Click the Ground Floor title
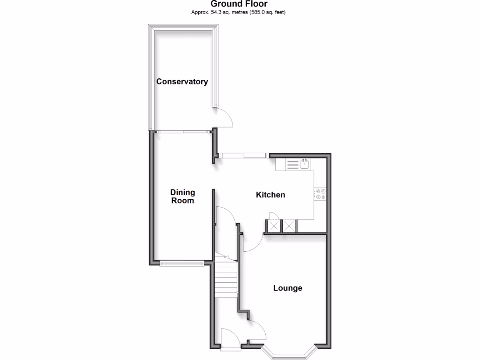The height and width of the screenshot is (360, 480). [x=239, y=4]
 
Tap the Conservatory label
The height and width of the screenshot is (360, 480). [x=182, y=82]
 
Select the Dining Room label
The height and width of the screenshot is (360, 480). [x=182, y=196]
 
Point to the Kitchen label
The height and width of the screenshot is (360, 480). [x=270, y=195]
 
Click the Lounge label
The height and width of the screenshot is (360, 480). [x=288, y=288]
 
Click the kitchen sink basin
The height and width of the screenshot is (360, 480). [x=304, y=164]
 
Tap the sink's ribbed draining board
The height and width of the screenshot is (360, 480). [x=292, y=164]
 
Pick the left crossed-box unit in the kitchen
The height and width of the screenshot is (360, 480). [x=273, y=226]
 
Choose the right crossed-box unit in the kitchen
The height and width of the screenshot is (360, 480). [x=289, y=226]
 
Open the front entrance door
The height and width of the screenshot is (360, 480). [x=230, y=338]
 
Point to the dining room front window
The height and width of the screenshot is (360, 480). [x=181, y=263]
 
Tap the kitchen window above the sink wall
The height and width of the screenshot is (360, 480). [x=244, y=155]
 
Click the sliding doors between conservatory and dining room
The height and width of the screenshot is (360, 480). [x=183, y=132]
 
